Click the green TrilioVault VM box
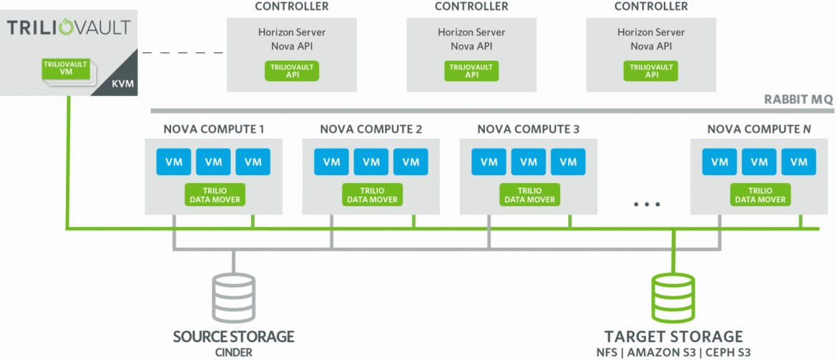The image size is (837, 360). click(64, 69)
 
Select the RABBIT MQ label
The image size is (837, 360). click(798, 99)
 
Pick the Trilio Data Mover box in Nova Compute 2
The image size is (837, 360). click(372, 195)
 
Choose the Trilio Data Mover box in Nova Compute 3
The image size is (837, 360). click(529, 195)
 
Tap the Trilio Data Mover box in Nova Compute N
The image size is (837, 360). click(760, 195)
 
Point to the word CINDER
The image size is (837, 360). click(233, 352)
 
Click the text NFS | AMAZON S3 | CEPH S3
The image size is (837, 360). click(674, 352)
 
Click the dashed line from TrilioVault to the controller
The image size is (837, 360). click(180, 53)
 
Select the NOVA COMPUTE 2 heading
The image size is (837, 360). click(371, 130)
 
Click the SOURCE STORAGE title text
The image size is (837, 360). click(233, 336)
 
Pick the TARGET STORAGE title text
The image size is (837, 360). click(674, 336)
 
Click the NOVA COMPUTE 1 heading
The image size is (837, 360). click(213, 130)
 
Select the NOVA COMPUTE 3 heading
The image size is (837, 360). click(529, 130)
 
